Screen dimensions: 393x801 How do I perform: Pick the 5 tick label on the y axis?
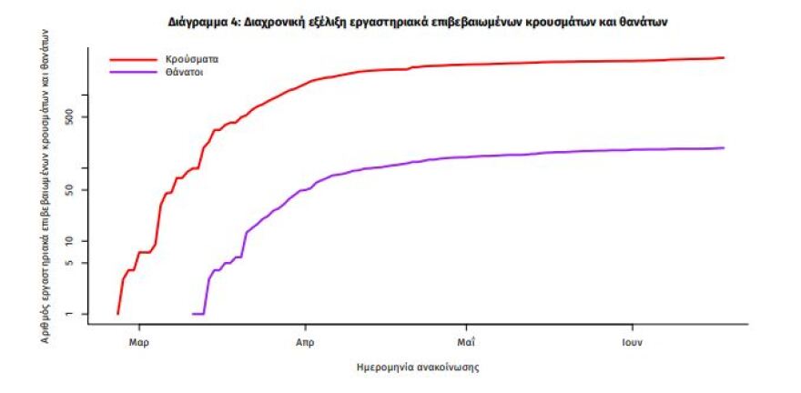click(x=81, y=263)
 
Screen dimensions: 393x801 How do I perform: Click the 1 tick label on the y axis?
click(x=81, y=314)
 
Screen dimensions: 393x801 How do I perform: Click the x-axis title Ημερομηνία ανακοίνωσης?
click(x=419, y=368)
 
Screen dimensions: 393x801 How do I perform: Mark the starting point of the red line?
click(x=118, y=314)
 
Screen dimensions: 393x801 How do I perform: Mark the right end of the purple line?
click(x=724, y=147)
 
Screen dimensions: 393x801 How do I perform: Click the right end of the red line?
click(x=724, y=57)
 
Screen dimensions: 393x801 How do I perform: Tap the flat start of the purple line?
click(x=198, y=314)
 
